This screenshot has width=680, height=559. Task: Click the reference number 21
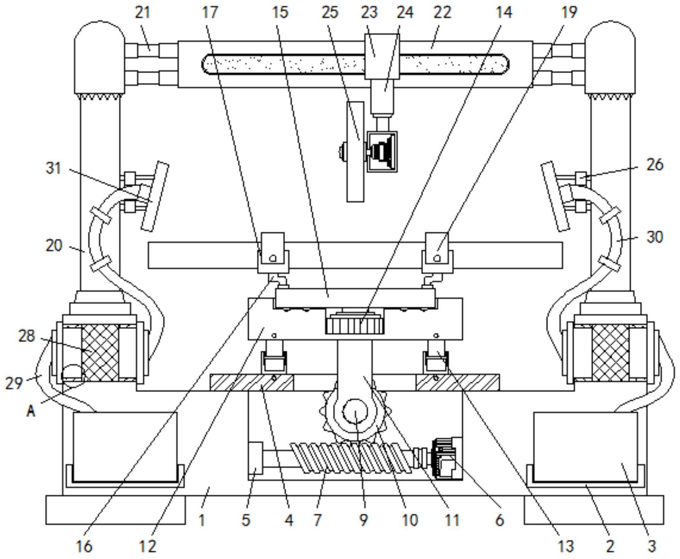click(143, 13)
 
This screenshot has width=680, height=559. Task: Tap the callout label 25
click(330, 13)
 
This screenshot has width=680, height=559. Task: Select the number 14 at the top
click(503, 13)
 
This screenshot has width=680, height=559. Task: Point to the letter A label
click(31, 411)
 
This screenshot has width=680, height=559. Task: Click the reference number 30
click(655, 237)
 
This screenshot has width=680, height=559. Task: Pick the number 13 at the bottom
click(565, 546)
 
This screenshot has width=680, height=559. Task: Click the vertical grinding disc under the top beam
click(355, 151)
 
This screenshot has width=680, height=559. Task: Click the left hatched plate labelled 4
click(252, 382)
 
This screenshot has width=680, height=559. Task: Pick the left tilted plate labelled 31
click(154, 196)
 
